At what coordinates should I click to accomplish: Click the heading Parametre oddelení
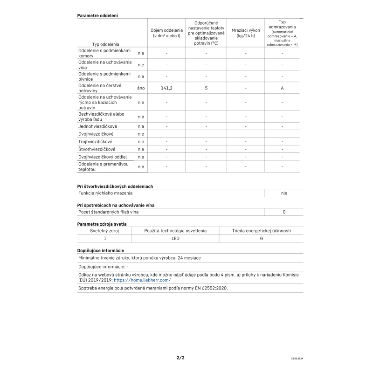point(97,15)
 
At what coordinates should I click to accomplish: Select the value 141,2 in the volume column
point(166,88)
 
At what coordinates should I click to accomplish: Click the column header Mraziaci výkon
point(246,33)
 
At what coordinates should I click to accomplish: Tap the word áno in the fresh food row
point(141,88)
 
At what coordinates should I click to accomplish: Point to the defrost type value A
point(282,88)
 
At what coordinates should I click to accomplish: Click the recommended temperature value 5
point(206,88)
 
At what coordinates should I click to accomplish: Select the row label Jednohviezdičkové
point(98,126)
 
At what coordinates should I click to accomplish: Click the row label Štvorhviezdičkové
point(97,149)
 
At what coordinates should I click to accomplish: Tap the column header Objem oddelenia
point(166,33)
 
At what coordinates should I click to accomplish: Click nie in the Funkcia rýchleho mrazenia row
point(284,193)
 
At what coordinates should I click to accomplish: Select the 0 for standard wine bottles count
point(284,212)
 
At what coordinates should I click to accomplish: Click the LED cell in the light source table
point(175,238)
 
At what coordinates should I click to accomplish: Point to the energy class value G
point(261,238)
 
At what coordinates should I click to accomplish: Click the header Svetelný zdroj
point(105,231)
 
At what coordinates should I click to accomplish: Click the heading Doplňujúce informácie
point(100,250)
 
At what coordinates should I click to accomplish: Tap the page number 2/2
point(181,358)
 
